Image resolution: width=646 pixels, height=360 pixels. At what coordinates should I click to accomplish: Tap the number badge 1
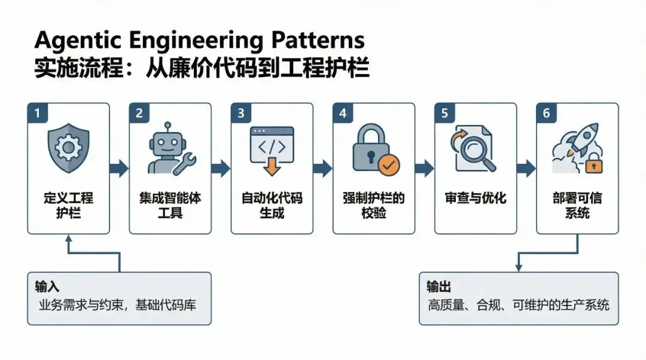[37, 113]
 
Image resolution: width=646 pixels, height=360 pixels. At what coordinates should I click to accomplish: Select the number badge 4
[343, 113]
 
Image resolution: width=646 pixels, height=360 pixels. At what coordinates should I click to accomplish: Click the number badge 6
[546, 113]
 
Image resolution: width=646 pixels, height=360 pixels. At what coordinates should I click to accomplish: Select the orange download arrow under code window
[272, 166]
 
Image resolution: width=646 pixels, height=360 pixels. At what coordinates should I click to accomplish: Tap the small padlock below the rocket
[593, 164]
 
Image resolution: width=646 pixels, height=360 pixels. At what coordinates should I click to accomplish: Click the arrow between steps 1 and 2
[120, 169]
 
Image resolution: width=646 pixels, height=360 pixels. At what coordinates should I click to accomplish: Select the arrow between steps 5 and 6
[526, 169]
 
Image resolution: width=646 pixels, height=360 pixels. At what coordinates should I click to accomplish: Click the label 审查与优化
[476, 198]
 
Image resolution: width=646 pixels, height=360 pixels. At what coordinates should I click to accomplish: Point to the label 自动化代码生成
[272, 205]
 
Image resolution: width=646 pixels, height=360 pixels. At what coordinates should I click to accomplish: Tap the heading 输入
[47, 286]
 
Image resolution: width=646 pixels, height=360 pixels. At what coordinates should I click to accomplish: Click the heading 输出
[439, 286]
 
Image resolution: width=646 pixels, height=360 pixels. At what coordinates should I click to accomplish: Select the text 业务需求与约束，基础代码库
[118, 305]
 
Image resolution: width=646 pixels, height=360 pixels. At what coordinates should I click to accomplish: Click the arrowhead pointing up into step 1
[69, 240]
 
